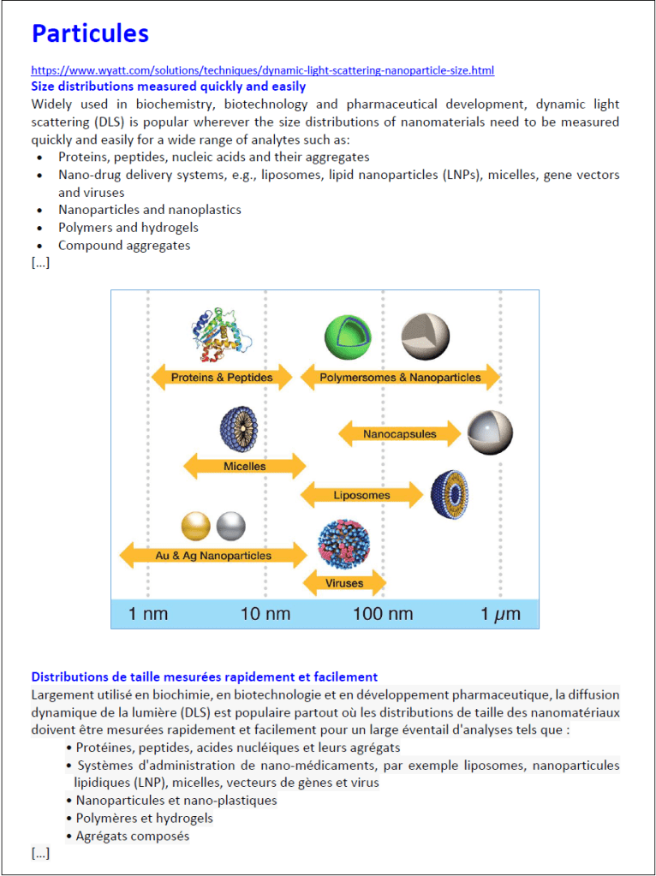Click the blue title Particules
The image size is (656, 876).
90,33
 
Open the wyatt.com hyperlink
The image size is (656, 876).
262,70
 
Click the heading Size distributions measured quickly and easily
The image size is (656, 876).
168,86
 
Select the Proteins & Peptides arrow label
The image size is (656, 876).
222,377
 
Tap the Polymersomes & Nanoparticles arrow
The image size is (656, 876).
400,377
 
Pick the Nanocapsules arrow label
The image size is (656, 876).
399,434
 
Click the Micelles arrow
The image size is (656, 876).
245,466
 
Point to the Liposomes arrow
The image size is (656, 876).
361,495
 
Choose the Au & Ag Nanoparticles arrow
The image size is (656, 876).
213,555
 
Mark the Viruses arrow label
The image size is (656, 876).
344,583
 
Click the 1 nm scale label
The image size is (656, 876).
149,614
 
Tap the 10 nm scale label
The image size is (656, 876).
265,614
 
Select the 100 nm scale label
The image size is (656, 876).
383,614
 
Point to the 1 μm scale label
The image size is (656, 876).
499,614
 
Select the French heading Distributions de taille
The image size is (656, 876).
204,676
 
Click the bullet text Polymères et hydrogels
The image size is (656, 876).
145,818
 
